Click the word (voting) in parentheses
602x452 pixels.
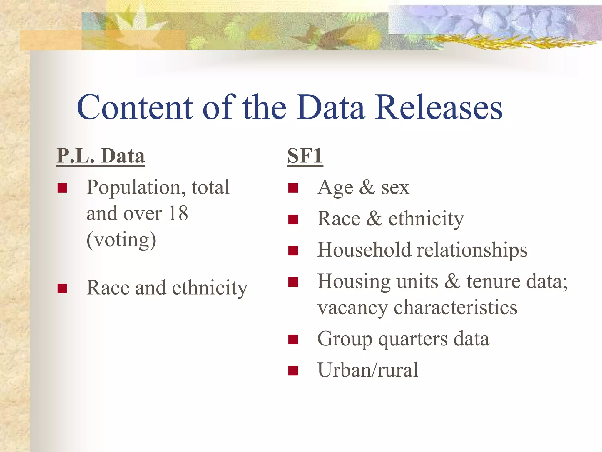[121, 240]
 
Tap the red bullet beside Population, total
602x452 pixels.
[62, 188]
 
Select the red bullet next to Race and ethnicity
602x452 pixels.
[62, 288]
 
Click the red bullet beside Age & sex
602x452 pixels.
[293, 188]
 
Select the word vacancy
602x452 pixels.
[352, 308]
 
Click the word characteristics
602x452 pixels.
[455, 308]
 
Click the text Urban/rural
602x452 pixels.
[368, 370]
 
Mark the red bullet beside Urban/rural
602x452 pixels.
[293, 371]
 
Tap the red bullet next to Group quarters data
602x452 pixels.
[293, 339]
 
